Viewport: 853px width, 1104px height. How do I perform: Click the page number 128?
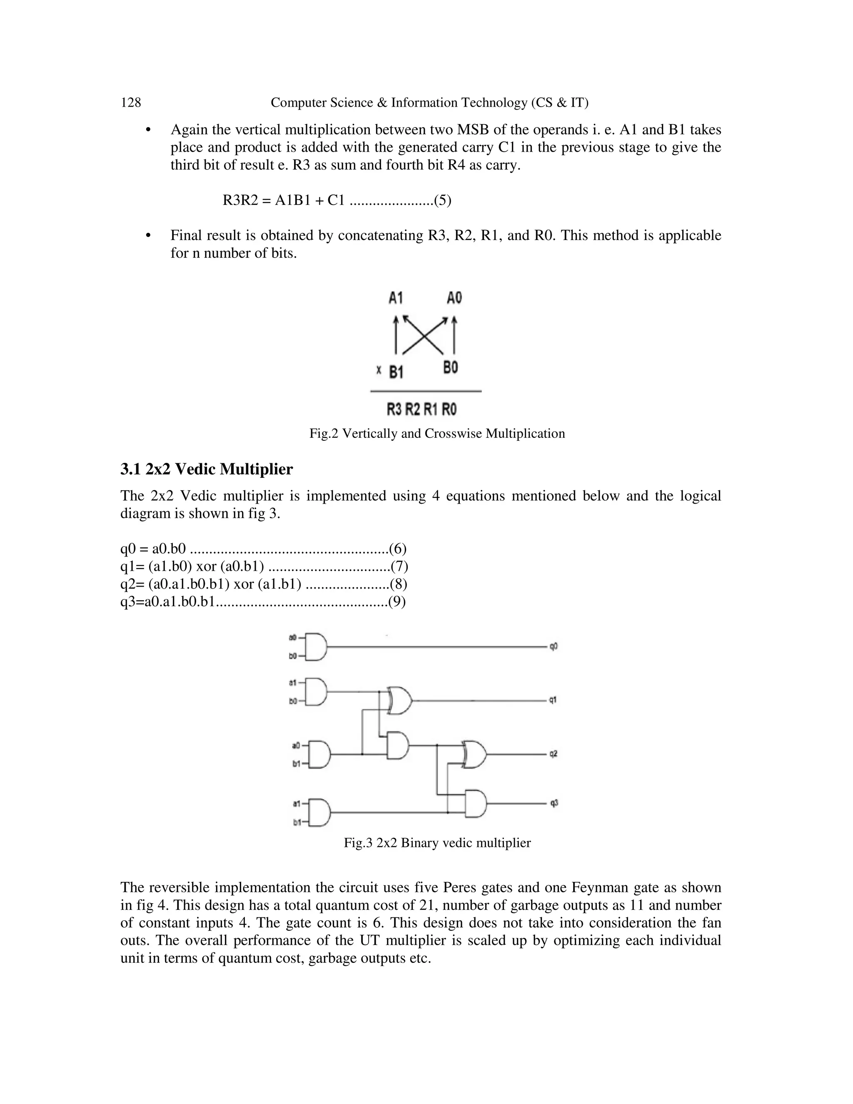131,102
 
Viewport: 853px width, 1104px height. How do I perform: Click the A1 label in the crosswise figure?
396,298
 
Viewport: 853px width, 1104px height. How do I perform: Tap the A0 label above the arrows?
454,298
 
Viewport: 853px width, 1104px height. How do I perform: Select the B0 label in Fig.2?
450,367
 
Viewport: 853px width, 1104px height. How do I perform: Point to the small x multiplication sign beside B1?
379,370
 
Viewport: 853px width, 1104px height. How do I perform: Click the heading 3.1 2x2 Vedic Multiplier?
206,470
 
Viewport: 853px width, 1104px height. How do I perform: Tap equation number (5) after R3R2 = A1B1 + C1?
443,201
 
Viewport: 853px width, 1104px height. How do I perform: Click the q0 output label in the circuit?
554,647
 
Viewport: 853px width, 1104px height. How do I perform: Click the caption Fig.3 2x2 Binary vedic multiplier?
437,843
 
